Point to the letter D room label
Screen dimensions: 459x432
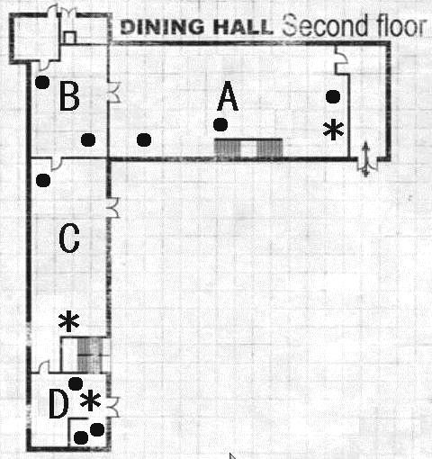(x=58, y=406)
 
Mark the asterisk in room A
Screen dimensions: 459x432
(x=333, y=130)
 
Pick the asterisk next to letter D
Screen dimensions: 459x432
(x=89, y=402)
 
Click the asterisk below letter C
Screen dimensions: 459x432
(x=68, y=321)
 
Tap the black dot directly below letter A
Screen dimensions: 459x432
(x=220, y=124)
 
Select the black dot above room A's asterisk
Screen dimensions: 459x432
(x=333, y=95)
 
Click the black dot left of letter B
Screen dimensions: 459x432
(x=41, y=83)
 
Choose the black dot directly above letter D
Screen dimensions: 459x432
(x=76, y=384)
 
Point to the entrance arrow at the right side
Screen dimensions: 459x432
(x=365, y=158)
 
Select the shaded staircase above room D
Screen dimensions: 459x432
(x=87, y=355)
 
